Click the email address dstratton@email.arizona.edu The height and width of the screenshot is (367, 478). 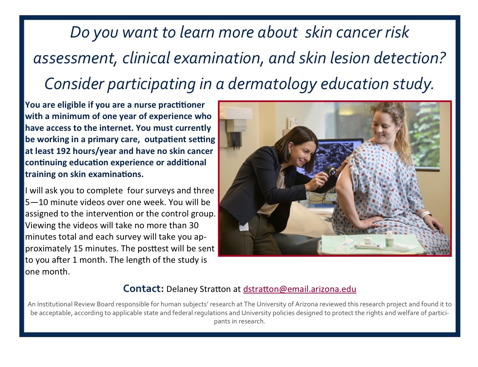300,289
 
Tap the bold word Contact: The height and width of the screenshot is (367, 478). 144,289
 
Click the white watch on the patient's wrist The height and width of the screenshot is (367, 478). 426,214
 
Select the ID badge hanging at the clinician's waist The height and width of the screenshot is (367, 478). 243,226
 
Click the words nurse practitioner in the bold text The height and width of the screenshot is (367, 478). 169,105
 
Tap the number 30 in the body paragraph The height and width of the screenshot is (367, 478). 194,225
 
